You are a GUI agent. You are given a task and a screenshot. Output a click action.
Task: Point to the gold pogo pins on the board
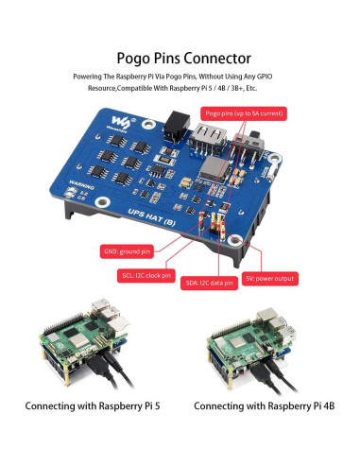219,226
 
